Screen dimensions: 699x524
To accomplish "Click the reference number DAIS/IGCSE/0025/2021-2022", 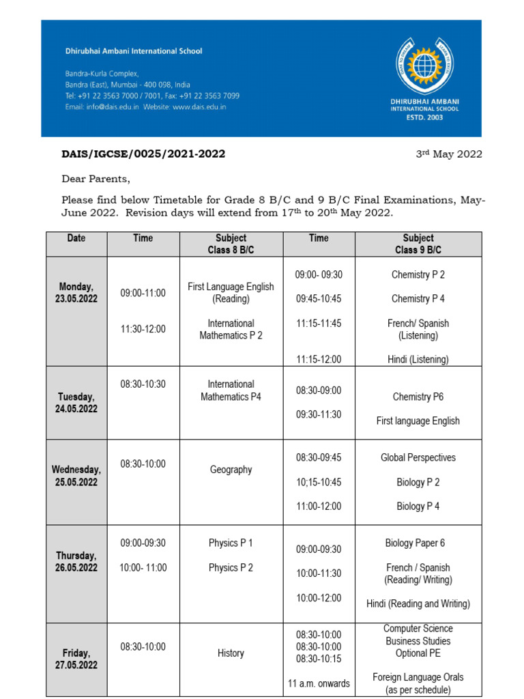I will click(x=143, y=154).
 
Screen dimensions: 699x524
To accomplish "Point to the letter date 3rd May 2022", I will click(x=449, y=154).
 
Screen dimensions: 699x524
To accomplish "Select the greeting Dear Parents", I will click(x=95, y=179).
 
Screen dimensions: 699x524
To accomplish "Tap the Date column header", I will click(x=76, y=238).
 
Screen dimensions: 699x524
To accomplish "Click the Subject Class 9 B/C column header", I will click(x=418, y=244).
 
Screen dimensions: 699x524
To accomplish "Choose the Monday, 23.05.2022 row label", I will click(x=76, y=293).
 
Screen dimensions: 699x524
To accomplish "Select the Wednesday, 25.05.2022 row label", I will click(x=76, y=476).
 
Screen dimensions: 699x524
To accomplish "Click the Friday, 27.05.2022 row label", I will click(x=76, y=659).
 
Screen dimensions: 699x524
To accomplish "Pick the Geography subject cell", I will click(x=231, y=470).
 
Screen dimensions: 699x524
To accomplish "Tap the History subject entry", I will click(x=231, y=653).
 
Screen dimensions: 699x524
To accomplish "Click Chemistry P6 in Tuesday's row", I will click(x=418, y=397).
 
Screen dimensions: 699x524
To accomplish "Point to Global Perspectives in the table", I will click(x=418, y=457).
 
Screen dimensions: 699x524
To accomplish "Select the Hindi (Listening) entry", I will click(x=418, y=359).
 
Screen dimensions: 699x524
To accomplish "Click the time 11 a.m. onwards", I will click(x=318, y=683).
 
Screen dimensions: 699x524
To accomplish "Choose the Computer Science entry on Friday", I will click(x=418, y=628).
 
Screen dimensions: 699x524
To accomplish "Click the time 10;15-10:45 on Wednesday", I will click(x=318, y=482).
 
